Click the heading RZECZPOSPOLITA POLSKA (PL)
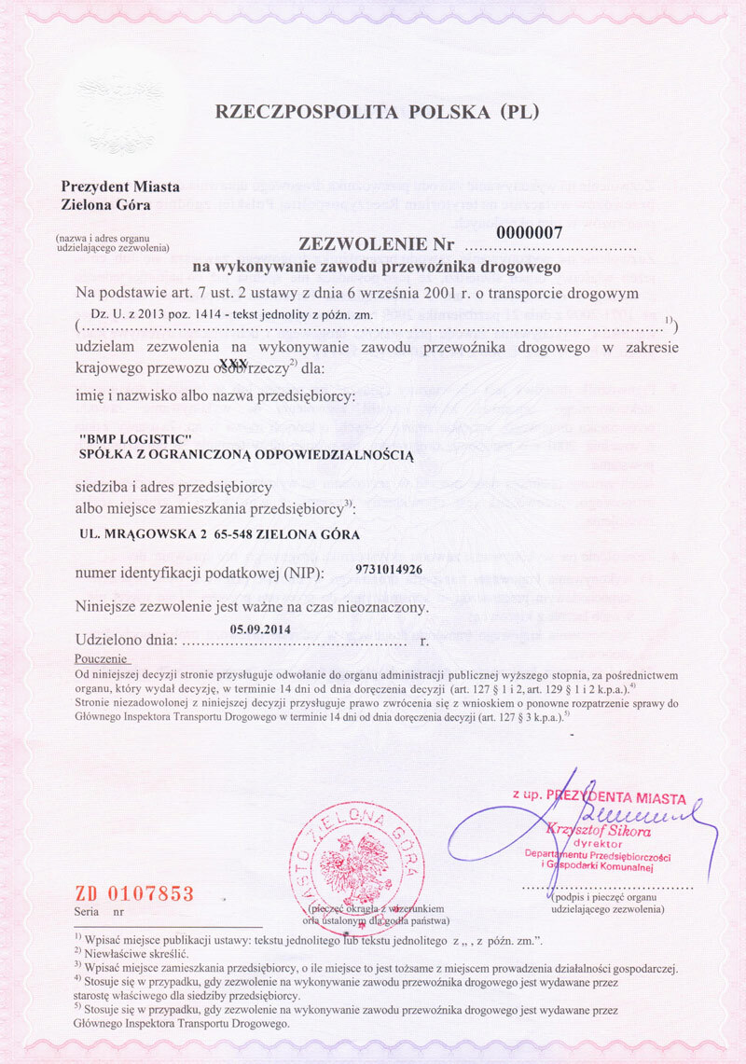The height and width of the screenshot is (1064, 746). (x=378, y=113)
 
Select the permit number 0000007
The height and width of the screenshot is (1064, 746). (x=530, y=233)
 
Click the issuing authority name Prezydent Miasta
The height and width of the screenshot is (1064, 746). (x=120, y=187)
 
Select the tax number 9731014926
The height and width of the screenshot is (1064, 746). (x=402, y=569)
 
